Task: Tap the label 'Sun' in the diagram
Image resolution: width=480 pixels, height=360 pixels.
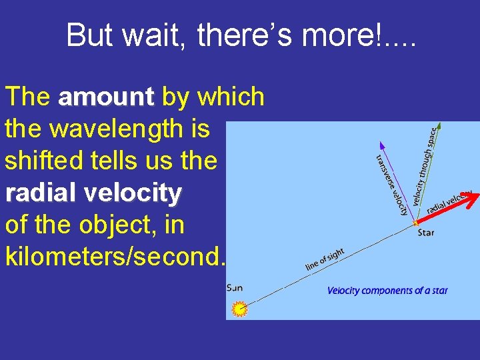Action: pos(235,288)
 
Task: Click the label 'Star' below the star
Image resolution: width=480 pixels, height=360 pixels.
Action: pos(426,233)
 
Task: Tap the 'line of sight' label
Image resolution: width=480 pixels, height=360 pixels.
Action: pos(325,259)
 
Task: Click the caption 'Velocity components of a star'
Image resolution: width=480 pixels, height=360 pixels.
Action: pos(387,291)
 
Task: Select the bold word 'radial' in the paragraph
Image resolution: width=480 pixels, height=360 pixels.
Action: pos(41,193)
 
